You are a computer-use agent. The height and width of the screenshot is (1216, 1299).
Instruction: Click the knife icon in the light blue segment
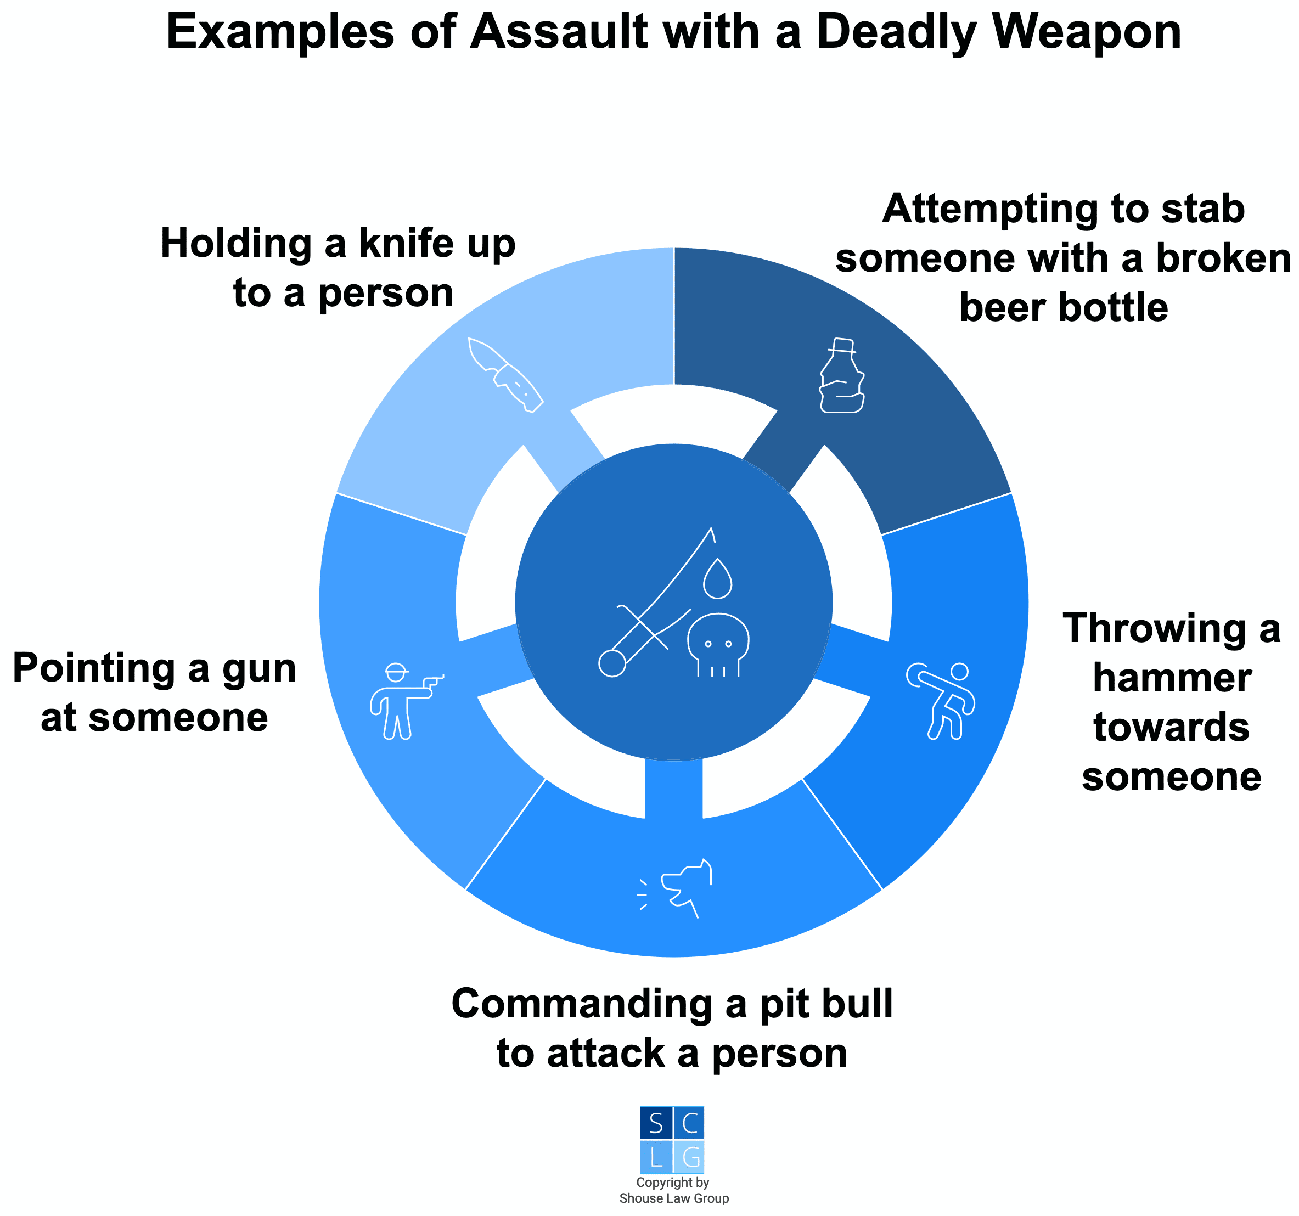tap(506, 375)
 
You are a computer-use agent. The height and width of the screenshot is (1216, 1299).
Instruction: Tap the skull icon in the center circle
tap(718, 644)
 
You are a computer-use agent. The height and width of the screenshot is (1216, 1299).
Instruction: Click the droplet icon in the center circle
tap(717, 578)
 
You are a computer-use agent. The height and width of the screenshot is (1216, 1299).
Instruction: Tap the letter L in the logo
tap(656, 1157)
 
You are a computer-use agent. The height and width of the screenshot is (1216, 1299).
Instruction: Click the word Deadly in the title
tap(896, 33)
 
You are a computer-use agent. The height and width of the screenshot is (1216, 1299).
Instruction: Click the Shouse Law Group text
tap(674, 1198)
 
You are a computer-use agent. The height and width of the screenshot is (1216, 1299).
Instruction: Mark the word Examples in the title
tap(280, 33)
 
